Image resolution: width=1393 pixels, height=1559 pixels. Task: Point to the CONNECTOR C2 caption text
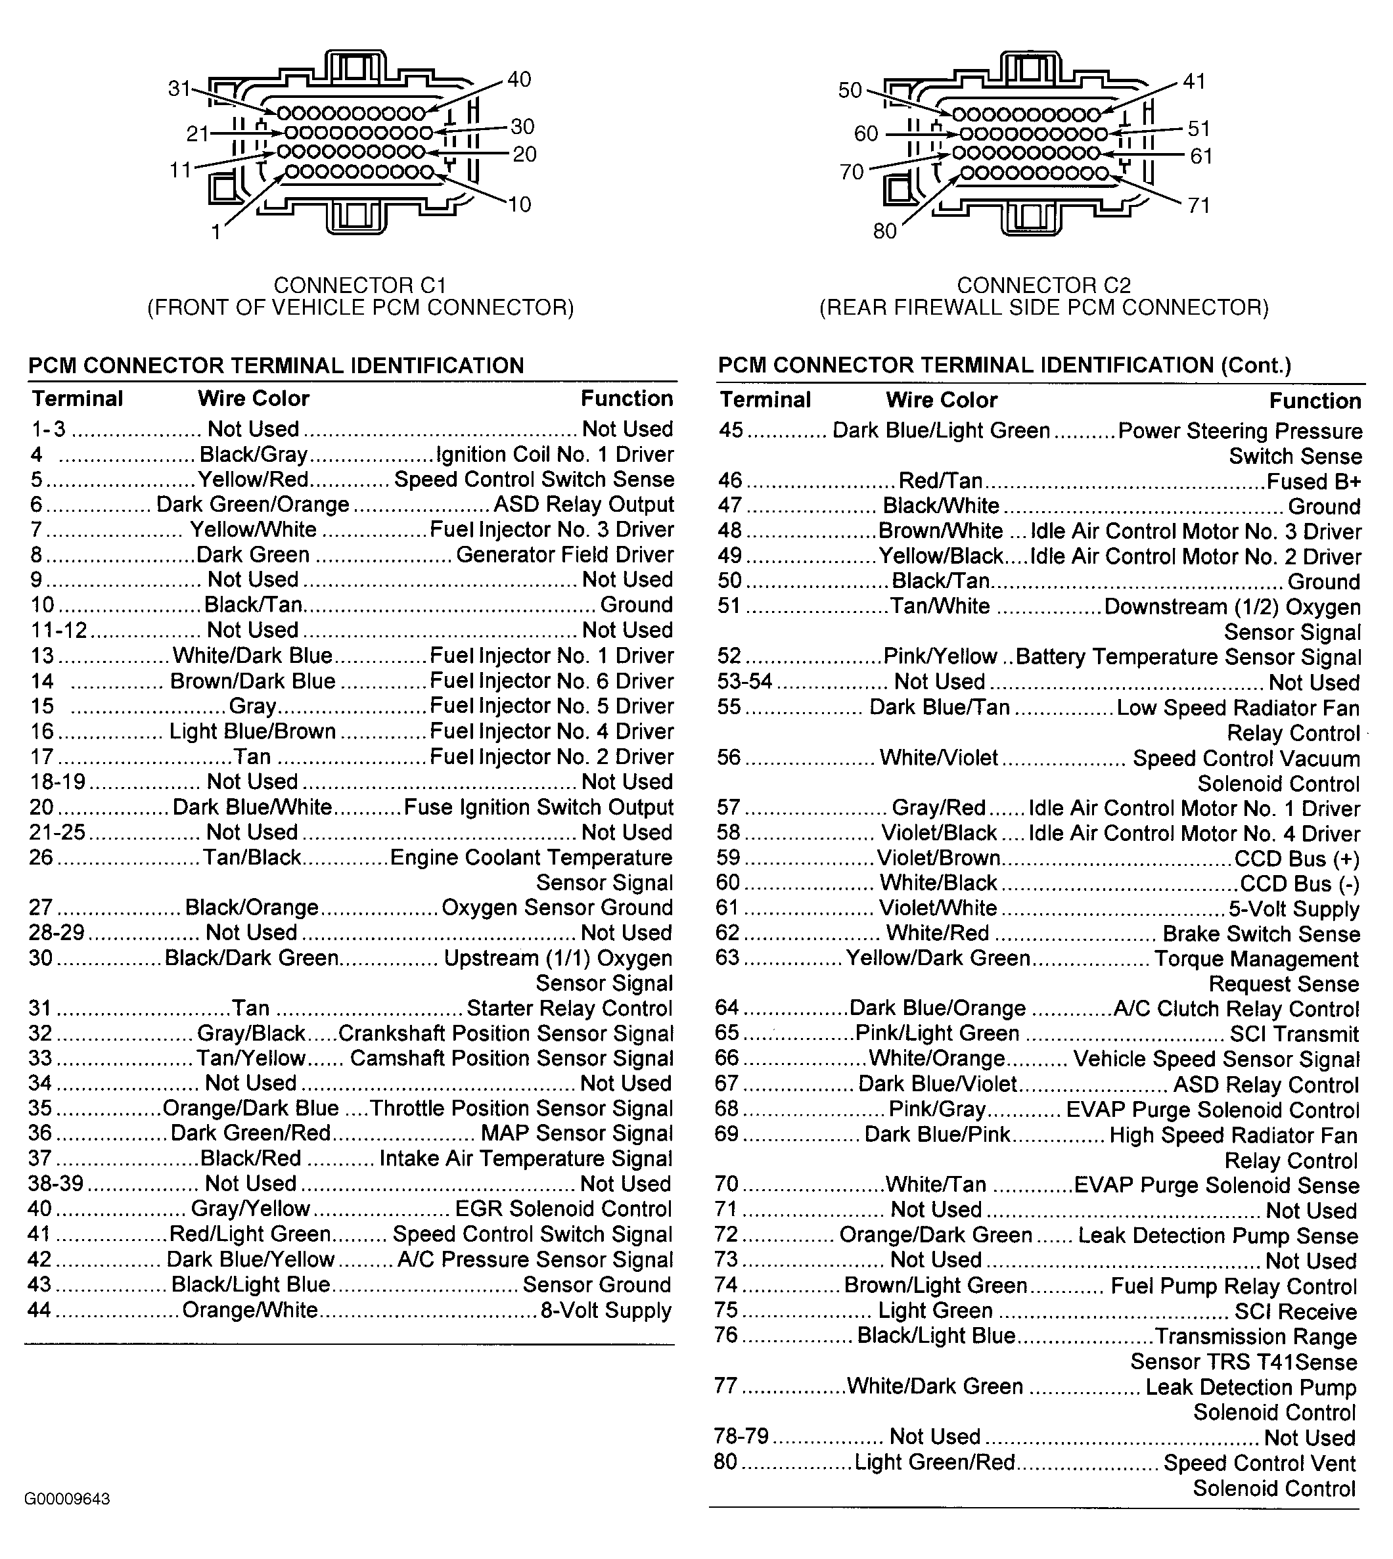tap(1043, 286)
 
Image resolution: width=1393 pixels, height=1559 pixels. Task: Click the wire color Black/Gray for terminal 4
tap(254, 455)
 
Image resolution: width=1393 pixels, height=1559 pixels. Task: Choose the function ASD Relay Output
tap(583, 505)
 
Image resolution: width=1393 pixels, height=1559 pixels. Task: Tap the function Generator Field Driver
tap(565, 555)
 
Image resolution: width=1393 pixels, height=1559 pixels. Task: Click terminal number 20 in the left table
tap(41, 807)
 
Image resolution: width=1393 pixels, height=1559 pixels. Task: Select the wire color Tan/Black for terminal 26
tap(252, 857)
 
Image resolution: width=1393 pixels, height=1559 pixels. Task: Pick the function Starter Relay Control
tap(570, 1008)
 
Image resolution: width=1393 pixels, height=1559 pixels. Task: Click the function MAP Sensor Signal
tap(576, 1133)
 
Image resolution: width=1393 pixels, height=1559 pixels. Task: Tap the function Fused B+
tap(1313, 482)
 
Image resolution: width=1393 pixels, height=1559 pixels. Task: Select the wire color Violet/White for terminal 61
tap(938, 909)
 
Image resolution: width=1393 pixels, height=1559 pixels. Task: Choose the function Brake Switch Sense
tap(1260, 934)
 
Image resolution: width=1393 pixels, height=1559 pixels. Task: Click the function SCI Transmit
tap(1294, 1034)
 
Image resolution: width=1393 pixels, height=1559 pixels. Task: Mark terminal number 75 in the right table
tap(725, 1310)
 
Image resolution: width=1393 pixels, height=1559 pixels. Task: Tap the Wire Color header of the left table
tap(254, 399)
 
